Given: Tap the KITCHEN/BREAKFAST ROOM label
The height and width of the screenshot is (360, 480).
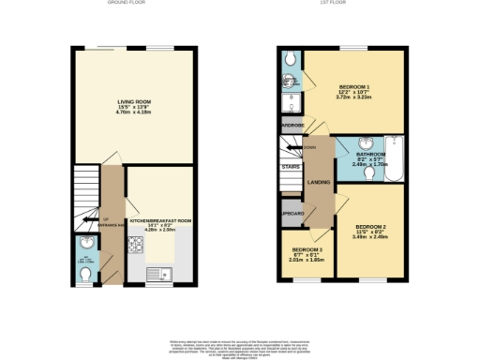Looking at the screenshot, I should (x=160, y=221).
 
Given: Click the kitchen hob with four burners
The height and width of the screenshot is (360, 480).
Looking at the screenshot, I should (x=134, y=248).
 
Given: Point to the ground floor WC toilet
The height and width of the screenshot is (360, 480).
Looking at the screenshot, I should (x=85, y=274).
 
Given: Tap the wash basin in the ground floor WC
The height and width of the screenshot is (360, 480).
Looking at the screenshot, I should (x=83, y=245).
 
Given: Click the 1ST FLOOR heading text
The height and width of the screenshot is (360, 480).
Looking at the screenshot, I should (x=341, y=5).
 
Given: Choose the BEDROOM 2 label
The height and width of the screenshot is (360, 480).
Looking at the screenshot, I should (x=371, y=227).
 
